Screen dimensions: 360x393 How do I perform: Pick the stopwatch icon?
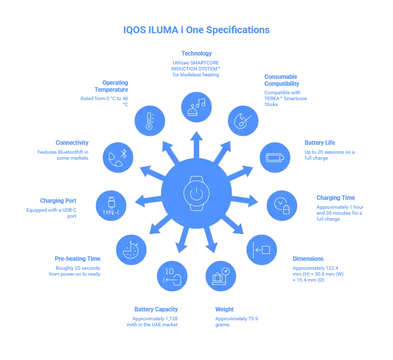click(x=131, y=249)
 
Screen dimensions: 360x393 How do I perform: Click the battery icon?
click(x=274, y=158)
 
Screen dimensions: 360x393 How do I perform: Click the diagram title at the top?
click(x=196, y=30)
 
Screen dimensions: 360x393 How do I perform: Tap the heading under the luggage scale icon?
click(x=224, y=308)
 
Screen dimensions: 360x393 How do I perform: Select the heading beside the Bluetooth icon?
click(x=72, y=143)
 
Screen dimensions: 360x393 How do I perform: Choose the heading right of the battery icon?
click(x=320, y=143)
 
